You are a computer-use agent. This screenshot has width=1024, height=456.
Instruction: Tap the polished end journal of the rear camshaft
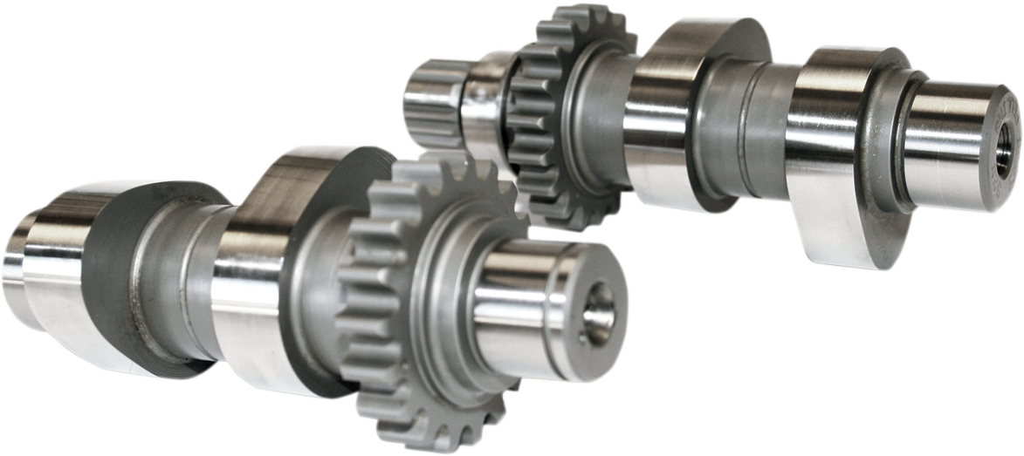[x=943, y=144]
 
